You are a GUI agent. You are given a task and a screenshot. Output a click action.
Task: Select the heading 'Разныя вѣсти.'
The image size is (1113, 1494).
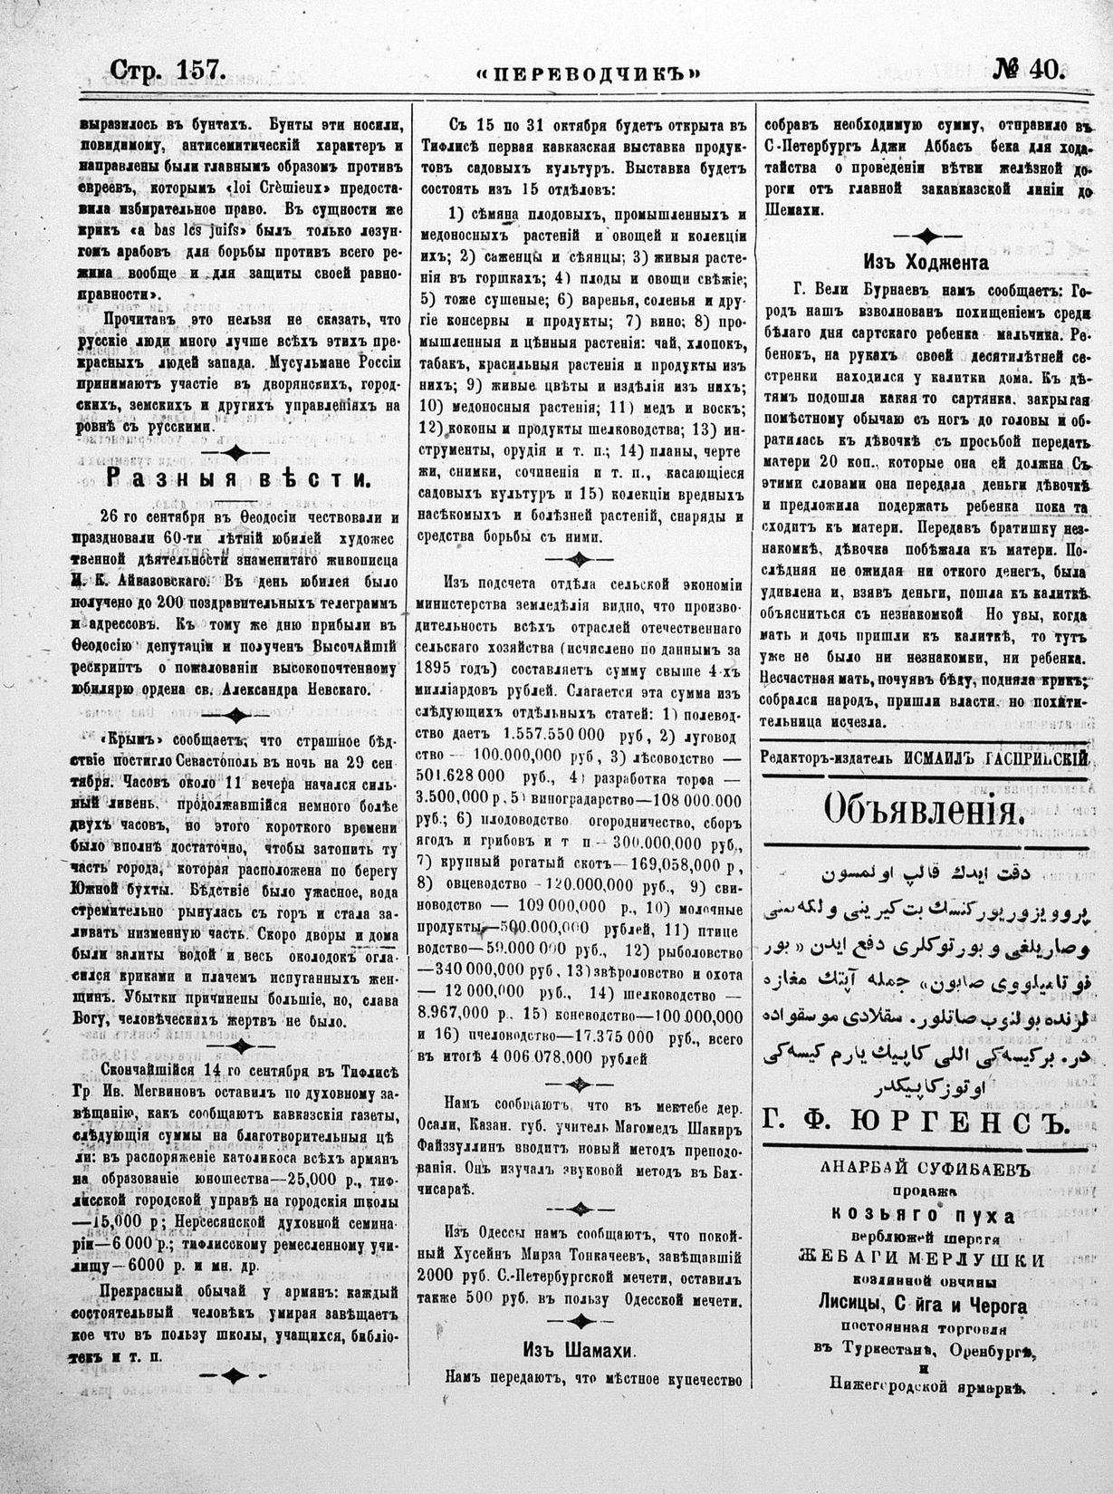238,478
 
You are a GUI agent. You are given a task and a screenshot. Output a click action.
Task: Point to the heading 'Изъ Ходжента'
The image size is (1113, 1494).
926,262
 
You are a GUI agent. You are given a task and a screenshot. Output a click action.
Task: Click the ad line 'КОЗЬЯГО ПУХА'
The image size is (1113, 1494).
925,1215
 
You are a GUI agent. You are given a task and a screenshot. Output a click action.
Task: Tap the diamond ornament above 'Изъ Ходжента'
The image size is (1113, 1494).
926,236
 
